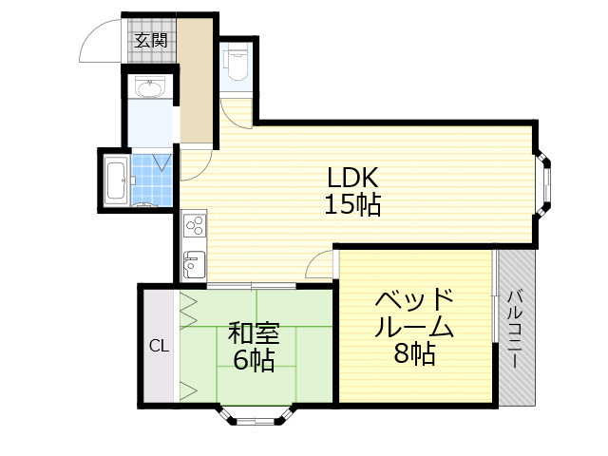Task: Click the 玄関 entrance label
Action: coord(150,40)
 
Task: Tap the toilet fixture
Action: coord(235,62)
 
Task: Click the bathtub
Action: coord(117,180)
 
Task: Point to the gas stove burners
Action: coord(194,226)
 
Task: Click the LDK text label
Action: coord(353,177)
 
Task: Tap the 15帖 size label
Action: coord(353,204)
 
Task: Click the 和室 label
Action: coord(254,333)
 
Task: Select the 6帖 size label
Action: coord(254,360)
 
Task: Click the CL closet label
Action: coord(159,346)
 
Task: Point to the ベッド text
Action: coord(413,300)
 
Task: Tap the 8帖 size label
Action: coord(415,354)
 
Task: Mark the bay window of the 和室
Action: coord(257,416)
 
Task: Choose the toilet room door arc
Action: coord(237,112)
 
